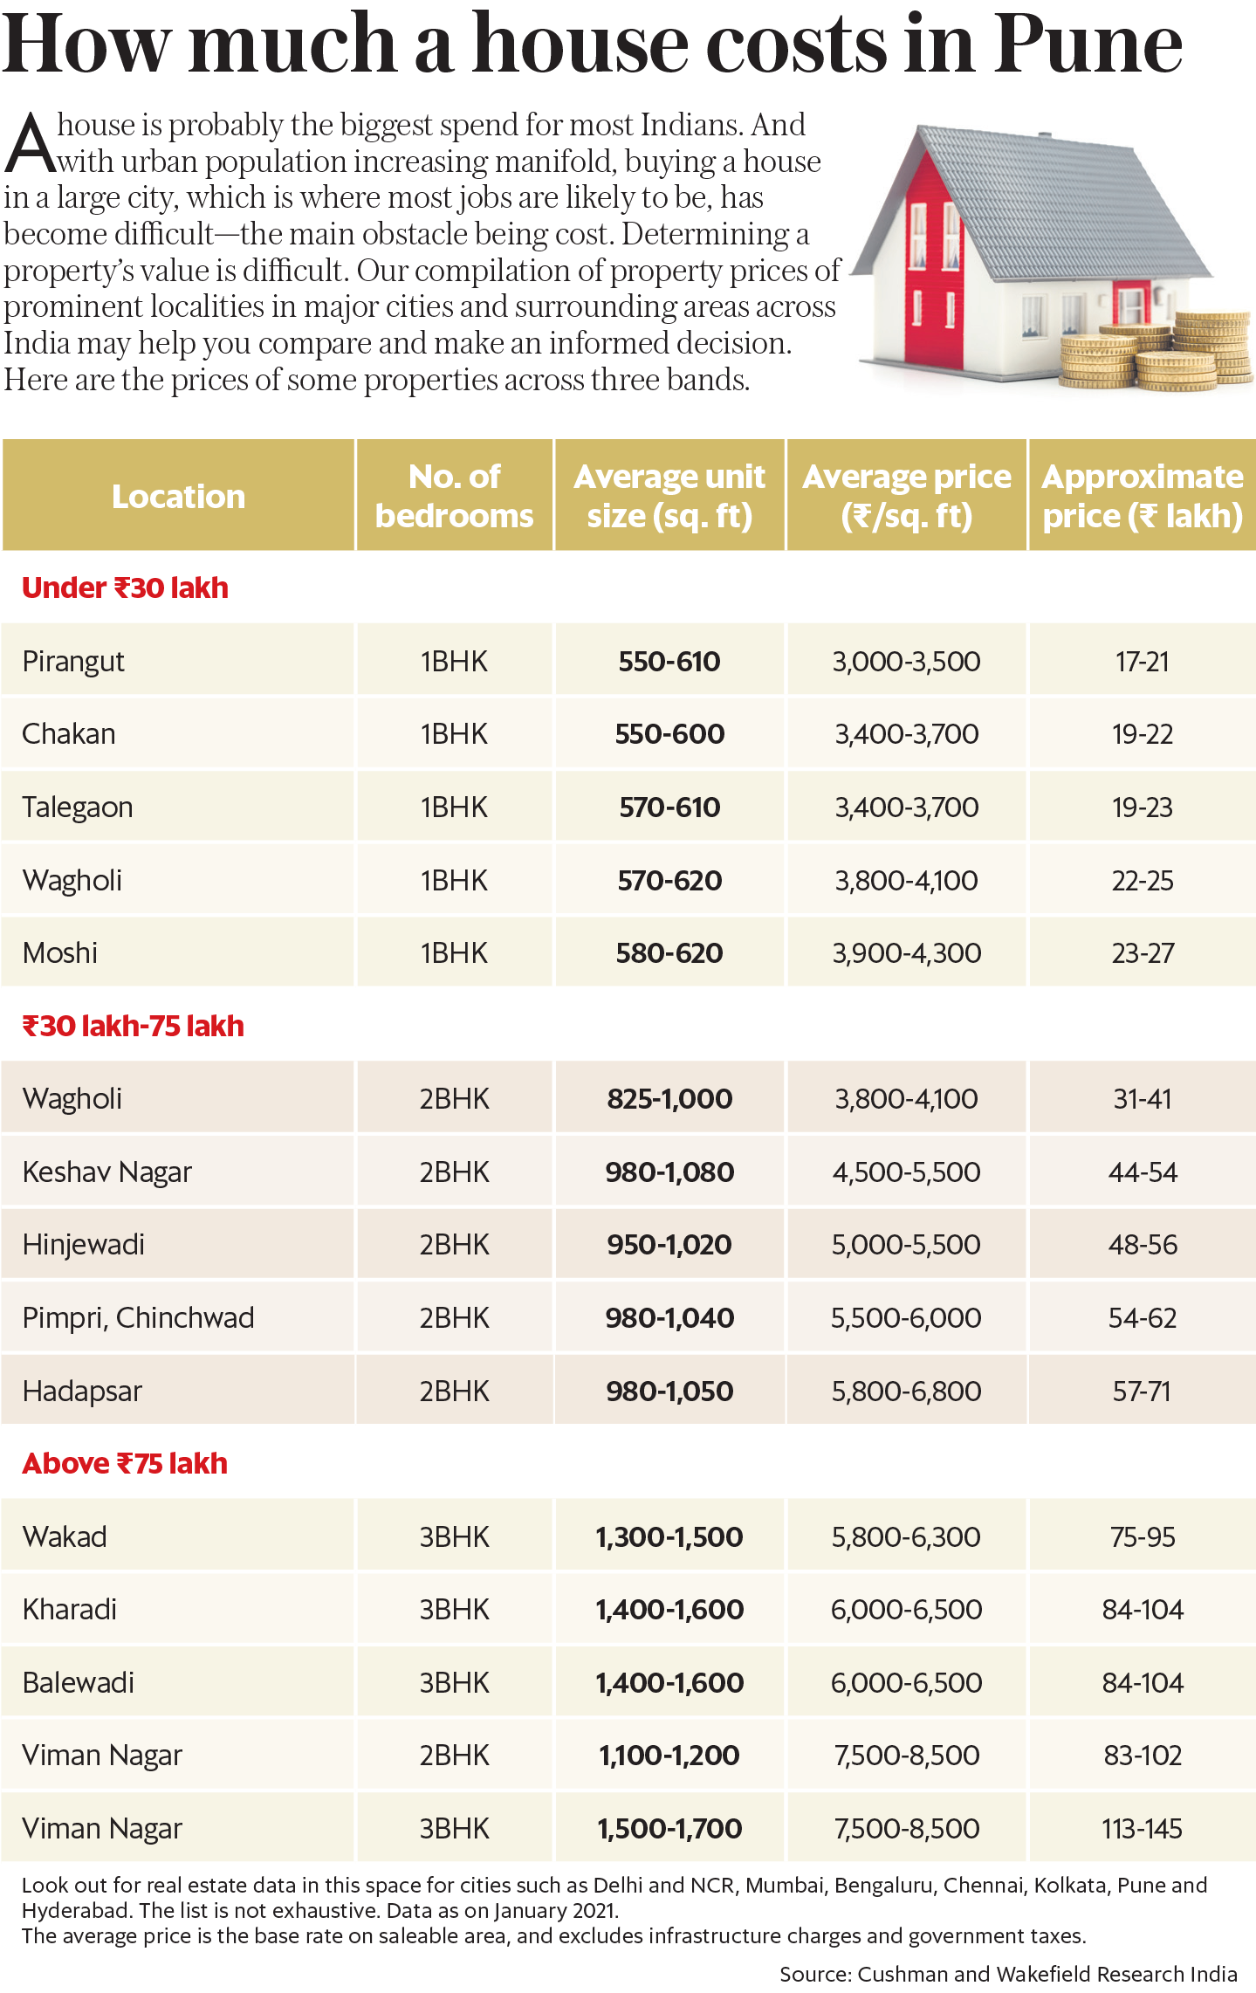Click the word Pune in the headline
point(1088,45)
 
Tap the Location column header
point(178,497)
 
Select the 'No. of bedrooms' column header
point(454,496)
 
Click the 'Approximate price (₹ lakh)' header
point(1142,496)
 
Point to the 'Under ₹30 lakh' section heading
point(125,588)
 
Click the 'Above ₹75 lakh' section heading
point(125,1463)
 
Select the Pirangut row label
point(73,662)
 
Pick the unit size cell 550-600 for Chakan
point(669,734)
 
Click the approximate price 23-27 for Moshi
point(1143,953)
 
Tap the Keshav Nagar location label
point(106,1172)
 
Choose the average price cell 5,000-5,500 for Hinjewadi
point(906,1245)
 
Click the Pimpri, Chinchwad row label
point(138,1318)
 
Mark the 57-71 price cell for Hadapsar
point(1142,1392)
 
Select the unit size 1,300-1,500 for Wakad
point(669,1537)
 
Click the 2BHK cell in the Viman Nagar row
point(454,1756)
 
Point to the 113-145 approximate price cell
point(1142,1829)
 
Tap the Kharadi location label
point(70,1610)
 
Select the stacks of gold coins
point(1161,354)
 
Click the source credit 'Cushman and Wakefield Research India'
point(1047,1975)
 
